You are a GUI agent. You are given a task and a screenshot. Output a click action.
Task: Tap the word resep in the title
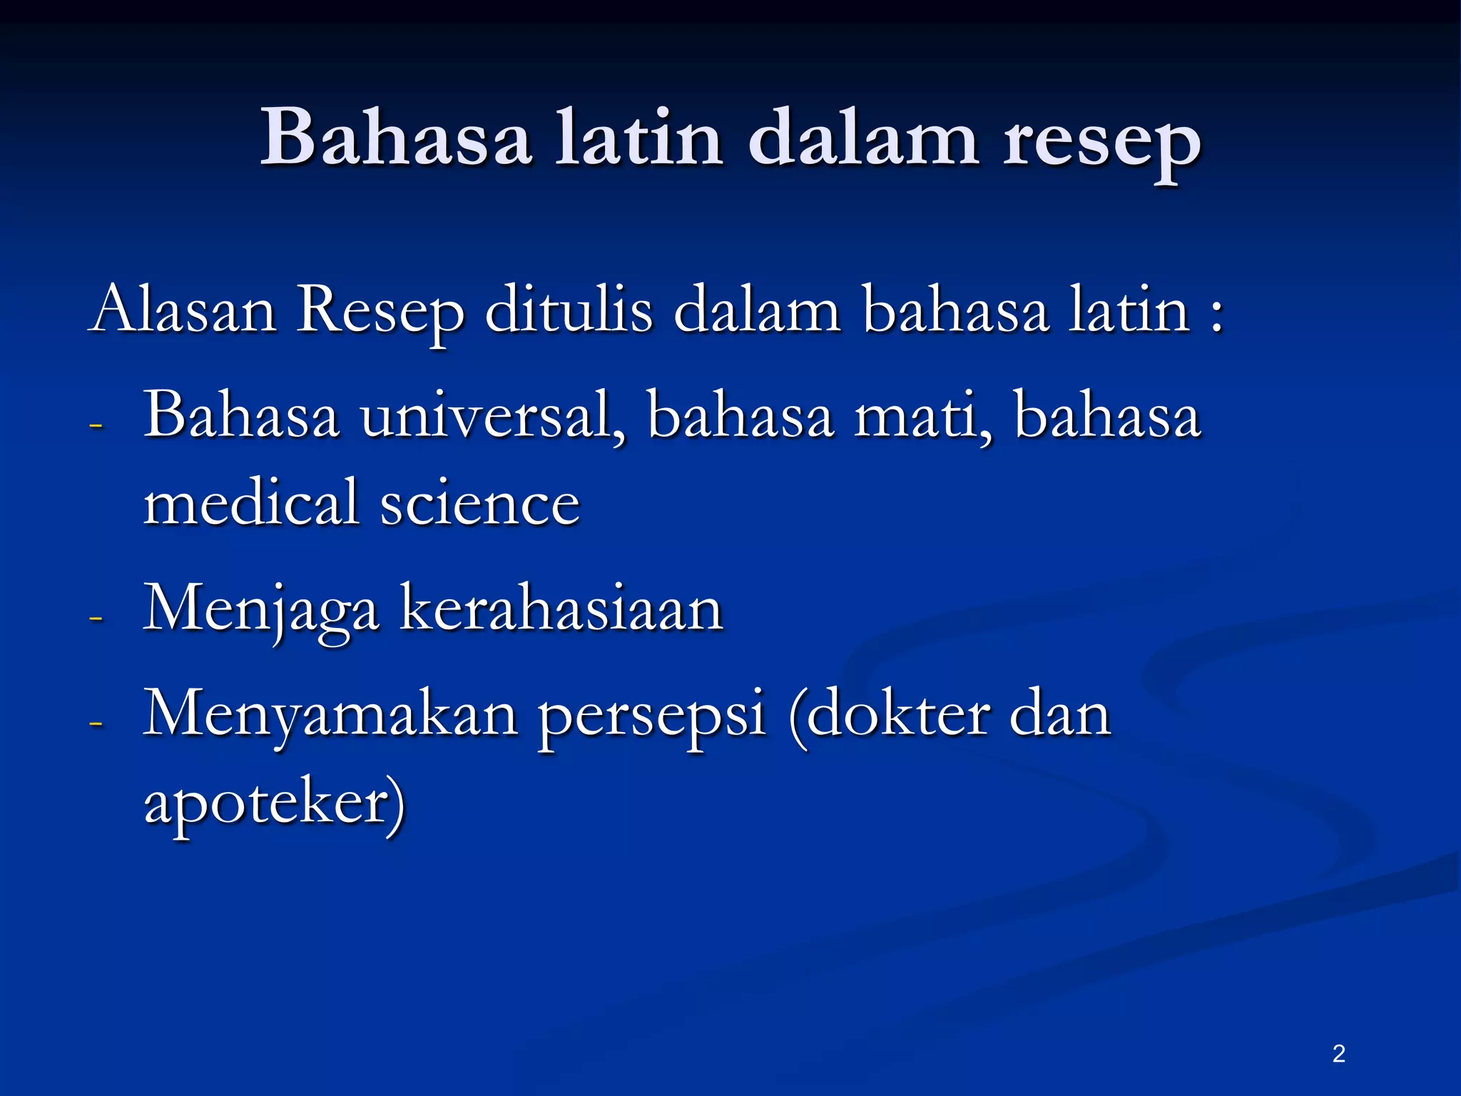pyautogui.click(x=1101, y=143)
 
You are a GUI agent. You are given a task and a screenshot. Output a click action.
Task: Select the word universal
pyautogui.click(x=492, y=417)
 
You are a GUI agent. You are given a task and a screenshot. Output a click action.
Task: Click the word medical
pyautogui.click(x=250, y=503)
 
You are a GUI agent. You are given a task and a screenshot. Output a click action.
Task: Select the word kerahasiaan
pyautogui.click(x=561, y=610)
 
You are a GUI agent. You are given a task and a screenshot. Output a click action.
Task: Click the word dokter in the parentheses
pyautogui.click(x=899, y=716)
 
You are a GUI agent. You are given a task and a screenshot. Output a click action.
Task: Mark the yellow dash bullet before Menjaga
pyautogui.click(x=96, y=616)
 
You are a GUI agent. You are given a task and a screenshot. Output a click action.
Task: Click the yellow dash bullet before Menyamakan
pyautogui.click(x=96, y=724)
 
